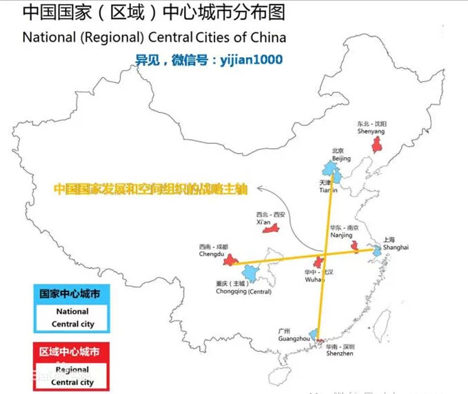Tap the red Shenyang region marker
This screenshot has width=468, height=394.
(377, 145)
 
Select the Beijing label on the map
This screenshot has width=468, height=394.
(341, 158)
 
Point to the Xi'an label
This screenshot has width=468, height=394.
(264, 222)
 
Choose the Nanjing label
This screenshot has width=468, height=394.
(340, 235)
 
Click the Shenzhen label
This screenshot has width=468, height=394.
(340, 353)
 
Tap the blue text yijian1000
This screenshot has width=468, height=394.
(251, 60)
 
